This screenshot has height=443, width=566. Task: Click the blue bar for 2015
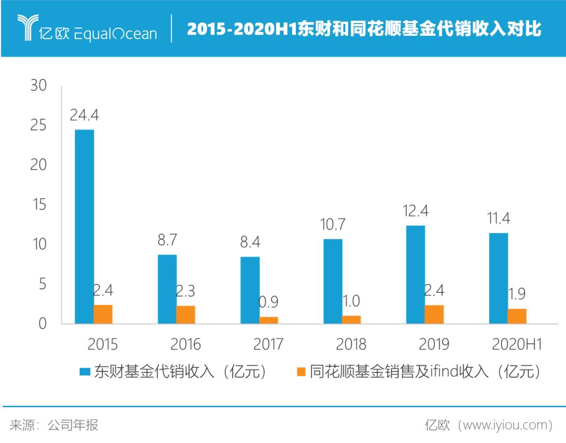(84, 227)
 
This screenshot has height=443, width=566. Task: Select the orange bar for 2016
(186, 315)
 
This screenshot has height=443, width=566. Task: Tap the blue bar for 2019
(415, 274)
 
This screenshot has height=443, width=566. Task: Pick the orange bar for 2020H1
(517, 316)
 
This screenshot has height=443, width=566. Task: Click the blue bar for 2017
(250, 290)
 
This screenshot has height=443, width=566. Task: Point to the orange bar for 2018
(351, 320)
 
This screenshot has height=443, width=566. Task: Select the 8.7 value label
(167, 240)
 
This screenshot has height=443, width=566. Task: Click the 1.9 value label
(517, 294)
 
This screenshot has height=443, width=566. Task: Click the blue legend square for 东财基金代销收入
(84, 371)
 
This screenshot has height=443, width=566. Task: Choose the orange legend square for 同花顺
(301, 371)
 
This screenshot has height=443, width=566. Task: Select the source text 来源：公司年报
(54, 425)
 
